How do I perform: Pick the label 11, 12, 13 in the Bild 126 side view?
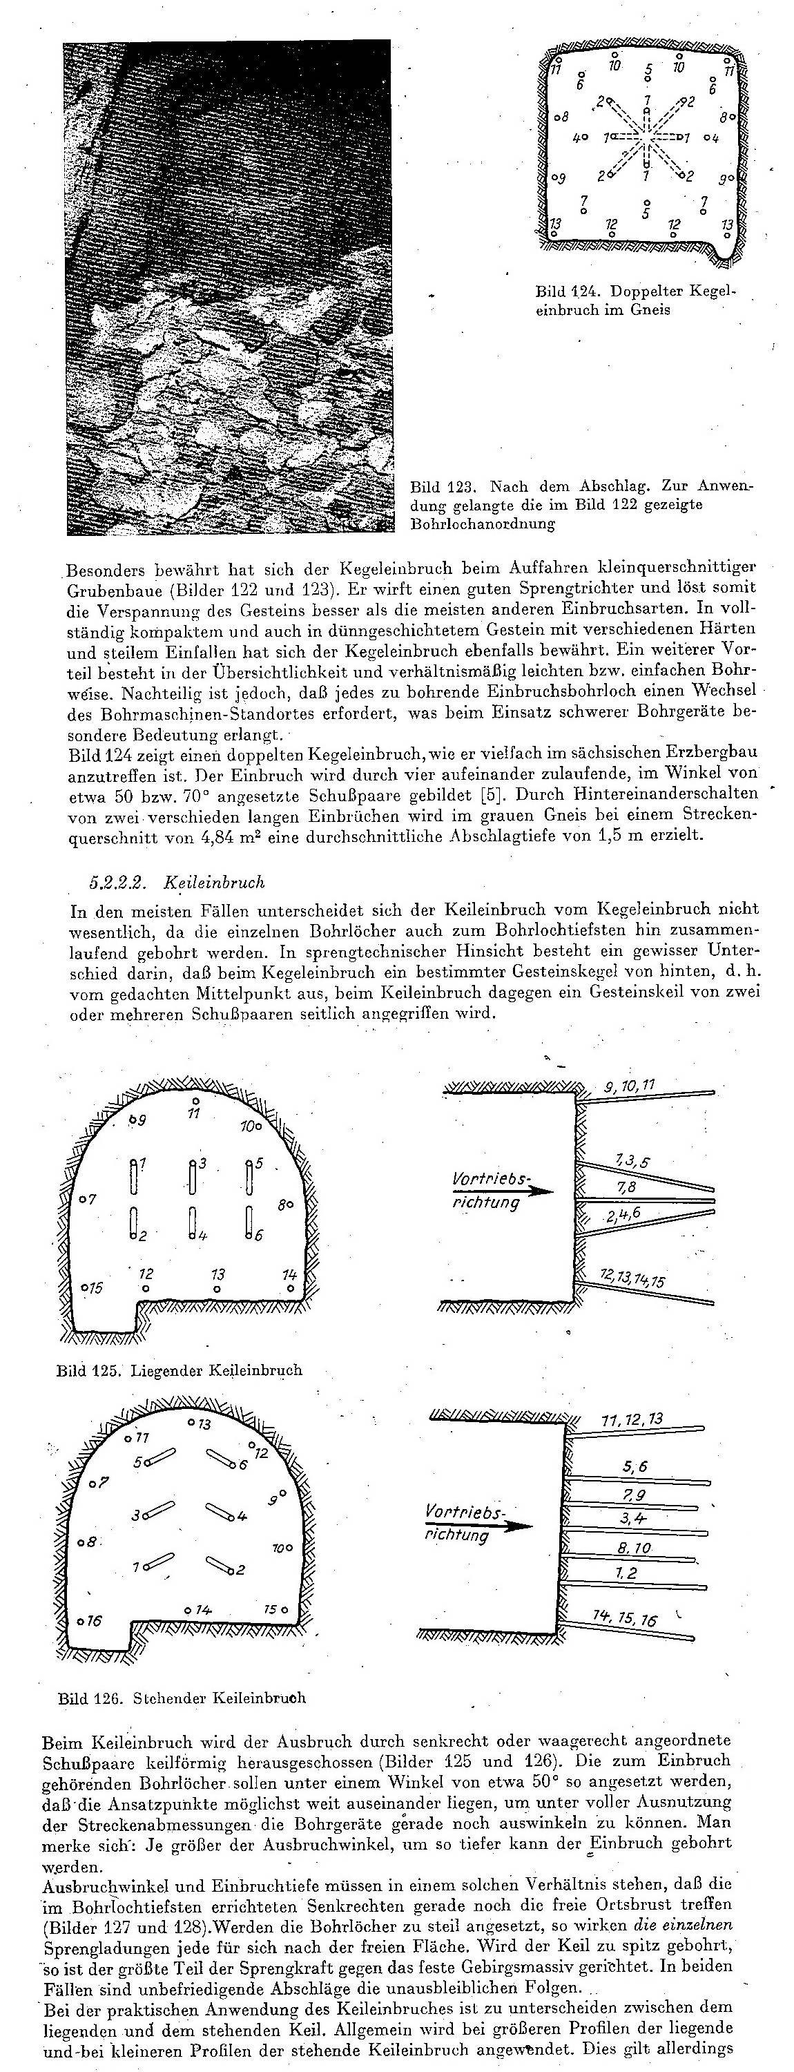point(632,1419)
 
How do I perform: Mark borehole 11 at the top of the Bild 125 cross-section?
point(195,1100)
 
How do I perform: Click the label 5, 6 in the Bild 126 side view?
point(634,1466)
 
